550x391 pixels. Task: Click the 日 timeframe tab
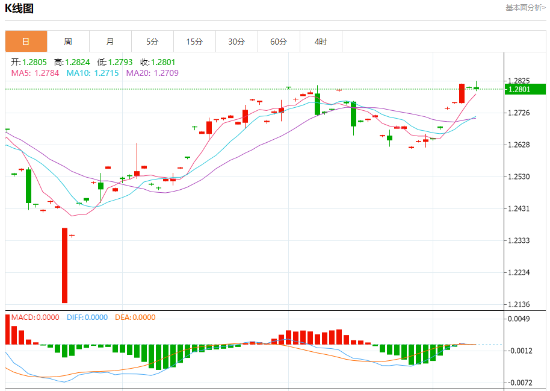coord(26,42)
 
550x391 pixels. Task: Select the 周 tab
coord(68,42)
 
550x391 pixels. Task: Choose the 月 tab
coord(110,42)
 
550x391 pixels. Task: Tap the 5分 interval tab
coord(152,42)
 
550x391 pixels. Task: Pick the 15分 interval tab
coord(194,42)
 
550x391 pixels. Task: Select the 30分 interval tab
coord(236,42)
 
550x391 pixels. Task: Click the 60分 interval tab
coord(279,42)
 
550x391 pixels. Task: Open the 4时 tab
coord(321,42)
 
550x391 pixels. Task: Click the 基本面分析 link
coord(525,7)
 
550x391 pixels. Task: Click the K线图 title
coord(20,8)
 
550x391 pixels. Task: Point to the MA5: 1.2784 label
coord(36,73)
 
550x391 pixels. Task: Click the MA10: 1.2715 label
coord(93,73)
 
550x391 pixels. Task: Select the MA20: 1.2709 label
coord(152,73)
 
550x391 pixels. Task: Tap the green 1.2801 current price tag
coord(525,89)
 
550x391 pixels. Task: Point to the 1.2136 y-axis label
coord(519,304)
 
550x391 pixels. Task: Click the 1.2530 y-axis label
coord(519,177)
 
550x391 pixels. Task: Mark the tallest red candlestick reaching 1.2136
coord(64,265)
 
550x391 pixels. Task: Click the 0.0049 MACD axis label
coord(519,319)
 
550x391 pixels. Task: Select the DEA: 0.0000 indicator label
coord(135,317)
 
